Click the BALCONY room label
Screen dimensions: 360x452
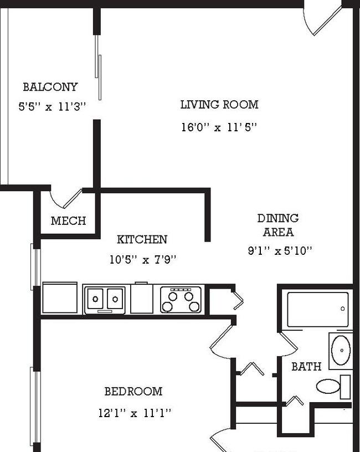pyautogui.click(x=50, y=87)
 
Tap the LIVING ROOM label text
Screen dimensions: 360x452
pyautogui.click(x=219, y=104)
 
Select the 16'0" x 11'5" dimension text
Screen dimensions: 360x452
pyautogui.click(x=219, y=127)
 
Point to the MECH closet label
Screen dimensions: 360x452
pyautogui.click(x=68, y=221)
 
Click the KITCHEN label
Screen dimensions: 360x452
pyautogui.click(x=142, y=239)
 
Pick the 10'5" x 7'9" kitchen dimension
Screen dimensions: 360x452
pyautogui.click(x=143, y=260)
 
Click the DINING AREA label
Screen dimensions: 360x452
pyautogui.click(x=278, y=225)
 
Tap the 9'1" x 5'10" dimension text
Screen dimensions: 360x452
pyautogui.click(x=280, y=251)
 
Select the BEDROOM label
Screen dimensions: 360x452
pyautogui.click(x=133, y=392)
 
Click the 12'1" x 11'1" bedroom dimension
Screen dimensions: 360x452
pyautogui.click(x=135, y=413)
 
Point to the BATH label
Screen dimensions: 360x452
pyautogui.click(x=306, y=367)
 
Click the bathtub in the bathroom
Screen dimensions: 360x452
pyautogui.click(x=318, y=310)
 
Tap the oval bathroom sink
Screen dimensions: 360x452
pyautogui.click(x=341, y=350)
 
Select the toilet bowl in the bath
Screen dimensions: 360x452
pyautogui.click(x=328, y=386)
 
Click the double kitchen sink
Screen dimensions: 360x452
pyautogui.click(x=104, y=300)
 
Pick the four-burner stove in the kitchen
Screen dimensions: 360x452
pyautogui.click(x=181, y=300)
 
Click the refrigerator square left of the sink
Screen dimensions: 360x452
pyautogui.click(x=60, y=298)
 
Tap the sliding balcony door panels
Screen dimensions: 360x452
pyautogui.click(x=98, y=68)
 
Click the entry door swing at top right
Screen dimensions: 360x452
pyautogui.click(x=321, y=19)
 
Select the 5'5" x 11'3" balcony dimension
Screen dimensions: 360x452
pyautogui.click(x=52, y=107)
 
